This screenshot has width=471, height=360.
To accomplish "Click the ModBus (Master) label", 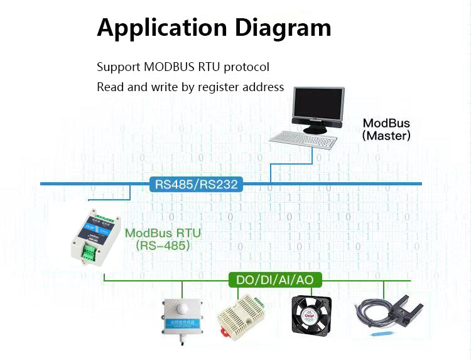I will click(386, 129).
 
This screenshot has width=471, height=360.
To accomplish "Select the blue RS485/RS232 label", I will click(195, 185).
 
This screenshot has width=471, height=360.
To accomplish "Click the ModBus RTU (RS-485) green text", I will click(163, 239).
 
